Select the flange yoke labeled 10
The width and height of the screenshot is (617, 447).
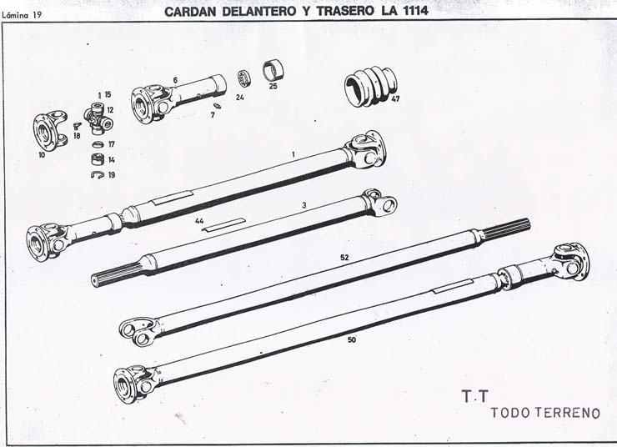click(x=48, y=131)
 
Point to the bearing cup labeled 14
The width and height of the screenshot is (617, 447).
click(x=98, y=159)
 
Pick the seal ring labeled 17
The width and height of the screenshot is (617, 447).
click(x=98, y=145)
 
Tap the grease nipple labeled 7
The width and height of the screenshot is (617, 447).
click(x=217, y=105)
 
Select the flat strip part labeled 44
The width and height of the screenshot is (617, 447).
click(x=223, y=224)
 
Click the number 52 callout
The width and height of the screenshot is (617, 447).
click(x=344, y=258)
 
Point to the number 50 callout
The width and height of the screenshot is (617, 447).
click(x=352, y=339)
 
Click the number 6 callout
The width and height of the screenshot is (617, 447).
click(x=175, y=80)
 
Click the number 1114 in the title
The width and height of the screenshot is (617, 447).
click(x=415, y=11)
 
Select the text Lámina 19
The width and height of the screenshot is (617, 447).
click(x=22, y=16)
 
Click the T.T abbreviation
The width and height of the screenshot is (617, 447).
click(x=475, y=396)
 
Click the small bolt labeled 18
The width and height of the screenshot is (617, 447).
click(x=77, y=126)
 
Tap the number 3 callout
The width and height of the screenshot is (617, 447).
click(x=304, y=205)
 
